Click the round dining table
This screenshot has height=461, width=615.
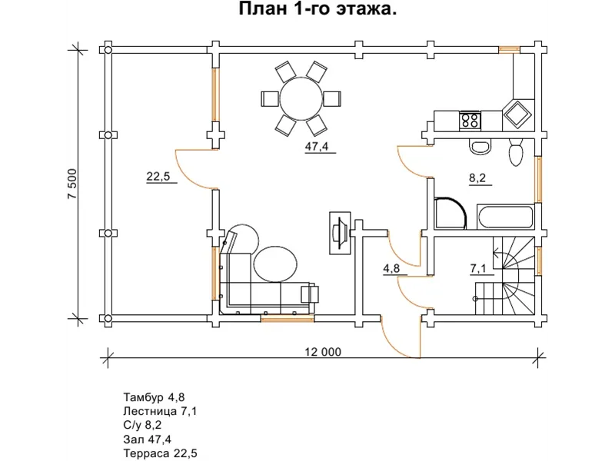tap(301, 98)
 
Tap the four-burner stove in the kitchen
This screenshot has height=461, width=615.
tap(470, 121)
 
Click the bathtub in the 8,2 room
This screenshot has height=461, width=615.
tap(505, 217)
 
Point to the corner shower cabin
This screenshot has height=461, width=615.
tap(450, 213)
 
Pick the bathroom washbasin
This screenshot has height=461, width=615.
tap(480, 146)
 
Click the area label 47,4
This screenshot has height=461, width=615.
tap(317, 147)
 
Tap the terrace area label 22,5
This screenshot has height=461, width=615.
tap(158, 177)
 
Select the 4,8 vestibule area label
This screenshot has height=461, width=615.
tap(391, 268)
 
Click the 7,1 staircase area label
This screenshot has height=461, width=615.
tap(477, 268)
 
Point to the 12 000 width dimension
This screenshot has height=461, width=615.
tap(323, 352)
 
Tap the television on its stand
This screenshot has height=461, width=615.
tap(340, 234)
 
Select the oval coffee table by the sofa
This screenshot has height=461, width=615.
tap(275, 264)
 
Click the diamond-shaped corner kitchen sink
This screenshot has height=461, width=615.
tap(517, 114)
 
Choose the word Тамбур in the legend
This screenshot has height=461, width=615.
tap(143, 397)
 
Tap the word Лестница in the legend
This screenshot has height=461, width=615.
tap(150, 411)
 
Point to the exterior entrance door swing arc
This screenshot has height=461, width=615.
tap(396, 343)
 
